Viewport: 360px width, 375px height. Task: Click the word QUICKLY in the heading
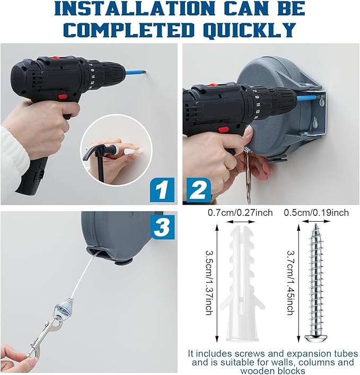point(250,30)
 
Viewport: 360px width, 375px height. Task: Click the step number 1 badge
point(162,190)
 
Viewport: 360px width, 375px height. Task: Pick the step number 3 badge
point(162,227)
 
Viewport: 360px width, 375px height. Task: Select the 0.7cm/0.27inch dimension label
point(240,213)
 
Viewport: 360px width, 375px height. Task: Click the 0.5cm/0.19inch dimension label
point(316,213)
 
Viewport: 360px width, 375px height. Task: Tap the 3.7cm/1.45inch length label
point(290,283)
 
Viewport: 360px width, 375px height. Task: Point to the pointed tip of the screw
point(316,224)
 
